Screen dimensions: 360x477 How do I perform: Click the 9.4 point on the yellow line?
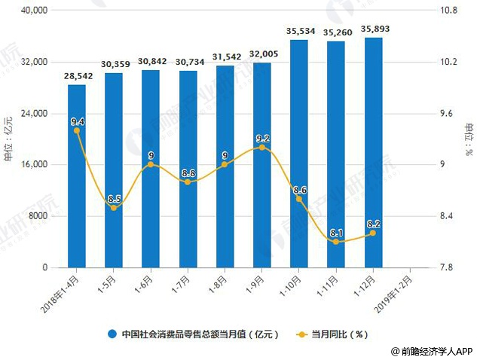[x=77, y=130]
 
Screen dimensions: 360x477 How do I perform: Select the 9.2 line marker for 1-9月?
[x=262, y=148]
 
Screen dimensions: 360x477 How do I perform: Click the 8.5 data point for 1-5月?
[x=114, y=207]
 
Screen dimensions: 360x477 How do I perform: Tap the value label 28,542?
[x=77, y=78]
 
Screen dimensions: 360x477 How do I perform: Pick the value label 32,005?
[x=262, y=55]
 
